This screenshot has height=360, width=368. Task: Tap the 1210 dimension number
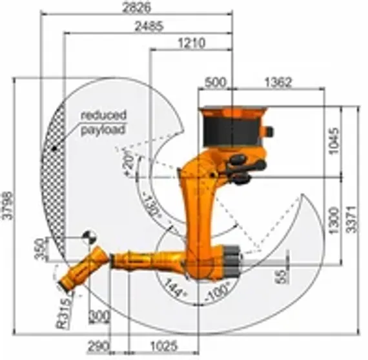pyautogui.click(x=190, y=43)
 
